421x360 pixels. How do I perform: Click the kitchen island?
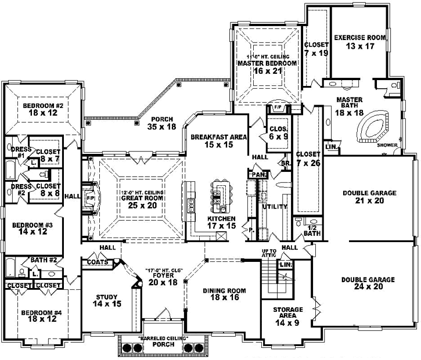coord(219,195)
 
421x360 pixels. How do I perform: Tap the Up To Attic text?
coord(268,253)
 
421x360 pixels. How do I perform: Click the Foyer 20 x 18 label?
coord(161,279)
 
